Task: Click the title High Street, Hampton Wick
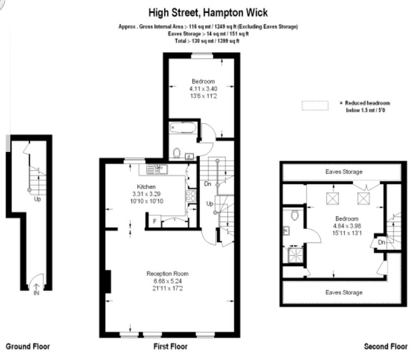pos(208,13)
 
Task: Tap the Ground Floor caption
pos(28,346)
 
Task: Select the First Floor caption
pos(170,346)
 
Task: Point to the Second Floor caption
pos(386,346)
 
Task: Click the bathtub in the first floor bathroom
pos(183,128)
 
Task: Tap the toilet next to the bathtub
pos(177,153)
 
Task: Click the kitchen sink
pos(157,170)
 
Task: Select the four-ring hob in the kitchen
pos(191,196)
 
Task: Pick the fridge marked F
pos(154,221)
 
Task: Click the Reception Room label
pos(167,274)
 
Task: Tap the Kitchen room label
pos(146,187)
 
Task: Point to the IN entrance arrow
pos(36,286)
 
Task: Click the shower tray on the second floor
pos(296,255)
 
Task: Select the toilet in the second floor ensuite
pos(295,215)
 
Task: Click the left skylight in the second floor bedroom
pos(333,198)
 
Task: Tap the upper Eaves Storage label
pos(344,172)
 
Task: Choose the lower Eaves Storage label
pos(344,292)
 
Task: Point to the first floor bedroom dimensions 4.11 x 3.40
pos(203,89)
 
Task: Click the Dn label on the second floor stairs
pos(382,242)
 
